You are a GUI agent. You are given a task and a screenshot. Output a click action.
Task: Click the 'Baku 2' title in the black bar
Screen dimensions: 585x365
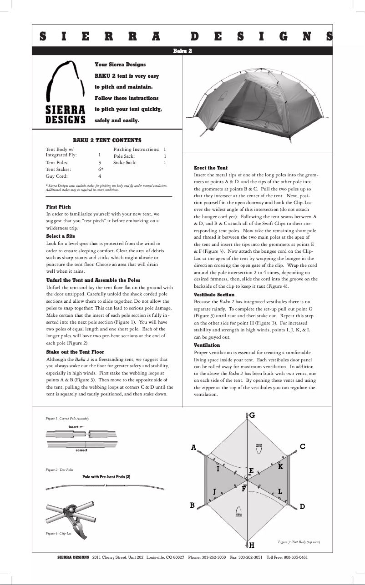pyautogui.click(x=182, y=51)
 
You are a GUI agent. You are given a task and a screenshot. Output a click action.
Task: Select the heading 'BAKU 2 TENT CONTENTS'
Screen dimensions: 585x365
pyautogui.click(x=107, y=140)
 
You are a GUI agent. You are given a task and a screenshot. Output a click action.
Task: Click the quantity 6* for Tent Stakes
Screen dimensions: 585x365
pyautogui.click(x=101, y=169)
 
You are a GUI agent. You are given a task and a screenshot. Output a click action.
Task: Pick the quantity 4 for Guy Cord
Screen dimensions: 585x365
pyautogui.click(x=100, y=176)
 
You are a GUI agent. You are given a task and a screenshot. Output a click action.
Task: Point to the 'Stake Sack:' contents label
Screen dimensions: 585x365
pyautogui.click(x=125, y=162)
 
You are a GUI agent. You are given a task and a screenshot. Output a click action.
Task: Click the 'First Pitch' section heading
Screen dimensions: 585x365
pyautogui.click(x=59, y=207)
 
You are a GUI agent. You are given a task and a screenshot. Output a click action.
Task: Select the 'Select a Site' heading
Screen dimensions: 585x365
pyautogui.click(x=61, y=236)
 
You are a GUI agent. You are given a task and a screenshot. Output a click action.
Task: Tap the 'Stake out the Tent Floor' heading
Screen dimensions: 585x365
pyautogui.click(x=75, y=352)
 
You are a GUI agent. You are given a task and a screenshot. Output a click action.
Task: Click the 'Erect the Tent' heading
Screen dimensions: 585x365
pyautogui.click(x=211, y=168)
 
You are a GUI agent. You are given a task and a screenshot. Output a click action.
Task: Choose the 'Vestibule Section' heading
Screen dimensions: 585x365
pyautogui.click(x=214, y=295)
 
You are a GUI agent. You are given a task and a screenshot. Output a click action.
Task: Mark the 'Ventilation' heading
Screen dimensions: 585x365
pyautogui.click(x=207, y=345)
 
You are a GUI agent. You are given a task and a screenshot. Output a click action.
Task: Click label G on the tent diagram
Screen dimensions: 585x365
pyautogui.click(x=252, y=415)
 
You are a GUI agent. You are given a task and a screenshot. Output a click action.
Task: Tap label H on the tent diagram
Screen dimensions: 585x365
pyautogui.click(x=251, y=545)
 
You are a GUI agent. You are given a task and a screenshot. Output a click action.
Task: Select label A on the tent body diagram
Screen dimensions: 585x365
pyautogui.click(x=193, y=448)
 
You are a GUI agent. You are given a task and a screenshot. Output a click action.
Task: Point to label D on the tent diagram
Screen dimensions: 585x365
pyautogui.click(x=302, y=506)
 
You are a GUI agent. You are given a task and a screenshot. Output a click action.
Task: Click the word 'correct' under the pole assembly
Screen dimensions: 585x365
pyautogui.click(x=81, y=450)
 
